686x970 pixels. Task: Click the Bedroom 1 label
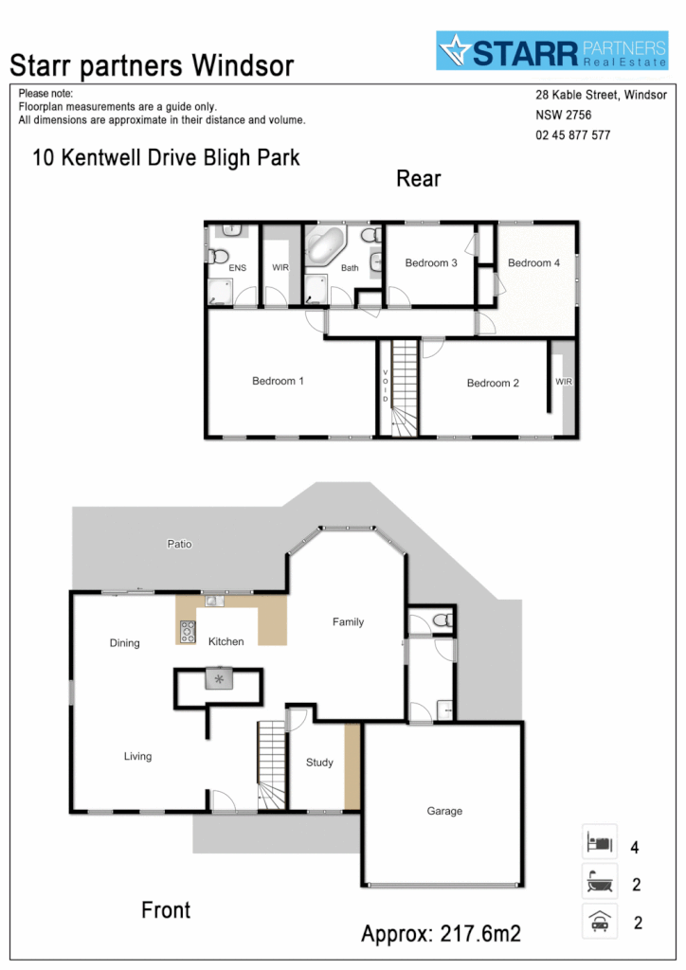point(278,381)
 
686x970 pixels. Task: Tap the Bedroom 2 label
point(493,384)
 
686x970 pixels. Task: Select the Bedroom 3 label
point(431,262)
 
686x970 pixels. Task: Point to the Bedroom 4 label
point(534,262)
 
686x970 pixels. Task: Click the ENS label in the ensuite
point(237,268)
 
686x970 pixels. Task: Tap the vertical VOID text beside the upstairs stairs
point(386,386)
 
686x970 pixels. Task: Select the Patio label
point(180,544)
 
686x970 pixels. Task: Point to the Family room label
point(348,622)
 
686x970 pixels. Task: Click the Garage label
point(444,811)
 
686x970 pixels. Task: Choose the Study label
point(319,763)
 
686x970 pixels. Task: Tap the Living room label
point(137,756)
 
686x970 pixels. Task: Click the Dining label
point(124,643)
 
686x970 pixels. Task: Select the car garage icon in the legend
point(599,922)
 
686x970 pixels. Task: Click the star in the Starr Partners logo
point(455,51)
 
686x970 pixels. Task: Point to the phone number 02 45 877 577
point(572,135)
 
